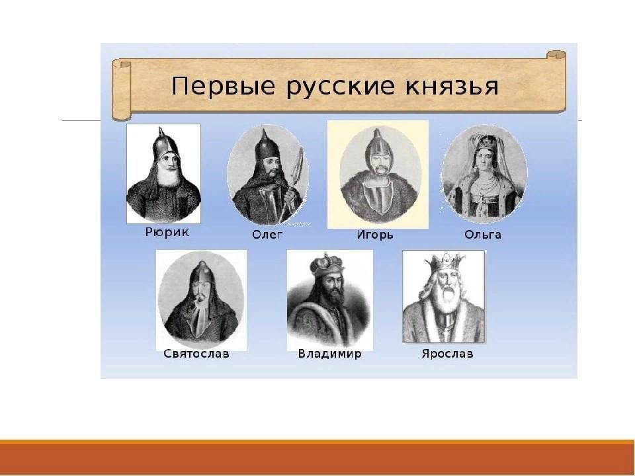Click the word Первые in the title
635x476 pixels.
(x=223, y=86)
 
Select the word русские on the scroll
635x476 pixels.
(x=340, y=87)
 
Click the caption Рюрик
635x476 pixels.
(x=167, y=232)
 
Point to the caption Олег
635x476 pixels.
(x=267, y=235)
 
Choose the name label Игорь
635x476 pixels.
(x=375, y=235)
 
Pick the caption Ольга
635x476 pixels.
(x=483, y=235)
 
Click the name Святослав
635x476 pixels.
(x=196, y=354)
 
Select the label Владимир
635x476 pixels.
(x=329, y=354)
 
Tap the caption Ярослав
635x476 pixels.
(x=448, y=354)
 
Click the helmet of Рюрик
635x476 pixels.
(x=165, y=145)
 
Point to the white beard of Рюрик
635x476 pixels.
(x=169, y=177)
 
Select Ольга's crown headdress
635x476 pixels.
(x=486, y=143)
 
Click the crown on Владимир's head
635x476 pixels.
(x=326, y=264)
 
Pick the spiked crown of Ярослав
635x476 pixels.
(x=444, y=262)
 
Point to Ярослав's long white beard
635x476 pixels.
(x=448, y=298)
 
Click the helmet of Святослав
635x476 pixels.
(x=202, y=272)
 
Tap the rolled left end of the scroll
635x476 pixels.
(x=122, y=89)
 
